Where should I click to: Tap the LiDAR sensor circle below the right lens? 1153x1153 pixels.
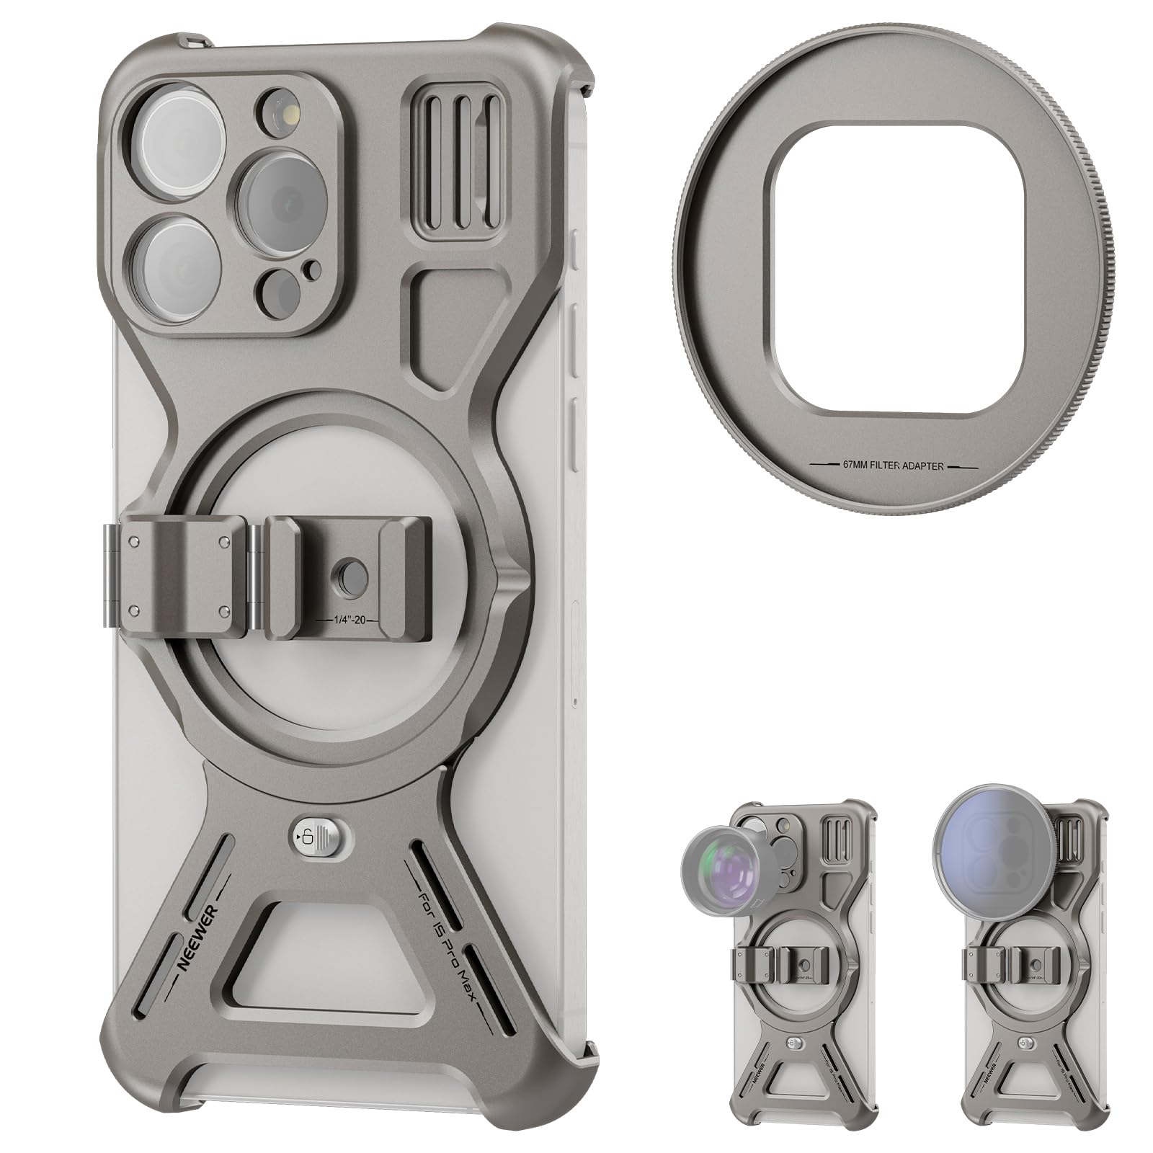281,290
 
